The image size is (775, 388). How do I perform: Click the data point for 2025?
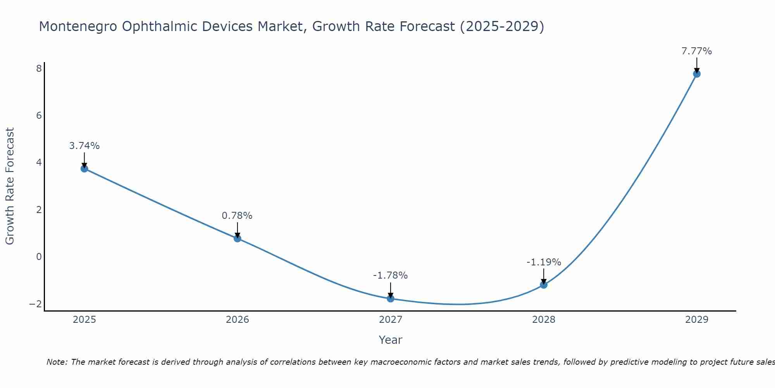[84, 168]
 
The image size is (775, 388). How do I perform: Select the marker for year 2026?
[238, 238]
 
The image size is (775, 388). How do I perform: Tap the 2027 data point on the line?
[391, 298]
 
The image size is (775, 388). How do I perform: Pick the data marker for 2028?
[544, 285]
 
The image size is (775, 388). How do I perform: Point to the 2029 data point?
[697, 74]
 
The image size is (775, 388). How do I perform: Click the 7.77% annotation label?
[697, 51]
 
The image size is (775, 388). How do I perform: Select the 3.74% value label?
[84, 146]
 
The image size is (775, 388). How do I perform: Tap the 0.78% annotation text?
[237, 216]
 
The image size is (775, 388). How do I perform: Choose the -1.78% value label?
[390, 275]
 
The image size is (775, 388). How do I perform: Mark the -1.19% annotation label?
[544, 262]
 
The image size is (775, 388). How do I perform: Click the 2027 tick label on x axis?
[391, 320]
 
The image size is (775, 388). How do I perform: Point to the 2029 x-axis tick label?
[697, 320]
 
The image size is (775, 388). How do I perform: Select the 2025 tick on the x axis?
[84, 320]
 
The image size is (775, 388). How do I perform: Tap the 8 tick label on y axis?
[39, 69]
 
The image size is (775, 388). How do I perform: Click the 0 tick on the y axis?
[39, 256]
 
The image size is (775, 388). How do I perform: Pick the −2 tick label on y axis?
[36, 304]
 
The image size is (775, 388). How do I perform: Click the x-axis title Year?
[391, 340]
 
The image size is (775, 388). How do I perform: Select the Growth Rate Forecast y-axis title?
[10, 186]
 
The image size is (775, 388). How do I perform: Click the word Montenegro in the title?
[77, 27]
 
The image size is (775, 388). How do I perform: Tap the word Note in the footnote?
[57, 362]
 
